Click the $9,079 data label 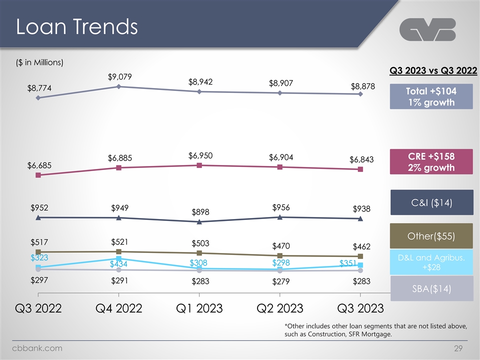119,77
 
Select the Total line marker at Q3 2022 38,98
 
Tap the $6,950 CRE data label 200,155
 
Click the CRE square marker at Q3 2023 360,169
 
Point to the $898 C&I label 200,212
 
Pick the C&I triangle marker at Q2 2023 280,217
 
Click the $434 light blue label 119,263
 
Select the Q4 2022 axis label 118,307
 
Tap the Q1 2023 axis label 199,307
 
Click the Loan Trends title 76,27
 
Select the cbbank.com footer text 37,348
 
